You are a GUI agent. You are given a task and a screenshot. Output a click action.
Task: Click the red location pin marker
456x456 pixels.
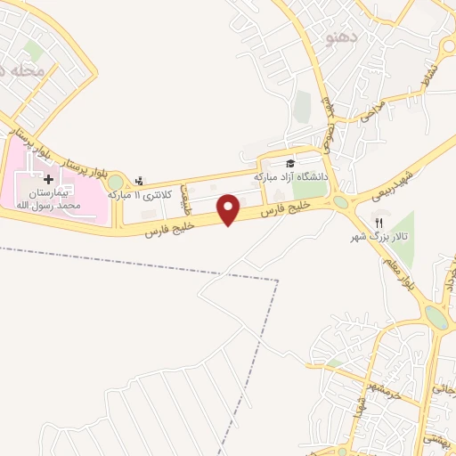[x=230, y=208]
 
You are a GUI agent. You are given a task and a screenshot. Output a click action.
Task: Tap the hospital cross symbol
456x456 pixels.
[x=47, y=179]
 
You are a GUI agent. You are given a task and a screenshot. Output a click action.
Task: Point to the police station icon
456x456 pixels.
[x=138, y=180]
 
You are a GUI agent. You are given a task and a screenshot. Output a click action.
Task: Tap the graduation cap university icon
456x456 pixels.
[x=289, y=163]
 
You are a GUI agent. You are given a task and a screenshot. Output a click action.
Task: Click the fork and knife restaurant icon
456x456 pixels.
[x=378, y=223]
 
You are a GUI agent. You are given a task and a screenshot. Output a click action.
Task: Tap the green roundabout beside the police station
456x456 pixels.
[x=116, y=183]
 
